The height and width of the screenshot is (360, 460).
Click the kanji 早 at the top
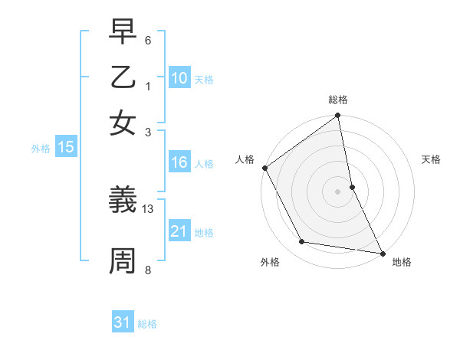[x=123, y=32]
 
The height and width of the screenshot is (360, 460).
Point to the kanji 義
[x=123, y=201]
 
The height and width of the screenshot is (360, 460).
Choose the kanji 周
[x=123, y=261]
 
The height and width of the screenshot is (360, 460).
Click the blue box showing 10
[x=179, y=77]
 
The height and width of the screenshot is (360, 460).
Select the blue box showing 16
[x=179, y=162]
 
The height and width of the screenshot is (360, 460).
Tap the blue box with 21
[x=179, y=231]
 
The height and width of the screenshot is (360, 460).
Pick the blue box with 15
[x=65, y=148]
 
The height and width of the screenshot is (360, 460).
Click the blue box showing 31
[x=123, y=322]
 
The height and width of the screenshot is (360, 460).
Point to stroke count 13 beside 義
[x=148, y=208]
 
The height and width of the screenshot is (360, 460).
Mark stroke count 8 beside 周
[x=148, y=269]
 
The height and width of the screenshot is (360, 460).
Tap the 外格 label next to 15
[x=41, y=149]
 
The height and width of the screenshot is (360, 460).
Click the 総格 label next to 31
[x=147, y=324]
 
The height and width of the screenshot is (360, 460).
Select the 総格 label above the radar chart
[x=338, y=100]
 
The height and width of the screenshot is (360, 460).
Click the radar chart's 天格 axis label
[x=432, y=159]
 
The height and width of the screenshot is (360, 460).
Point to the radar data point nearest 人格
[x=265, y=168]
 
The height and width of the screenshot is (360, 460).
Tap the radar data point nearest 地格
[x=382, y=252]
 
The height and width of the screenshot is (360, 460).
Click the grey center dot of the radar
[x=338, y=191]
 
